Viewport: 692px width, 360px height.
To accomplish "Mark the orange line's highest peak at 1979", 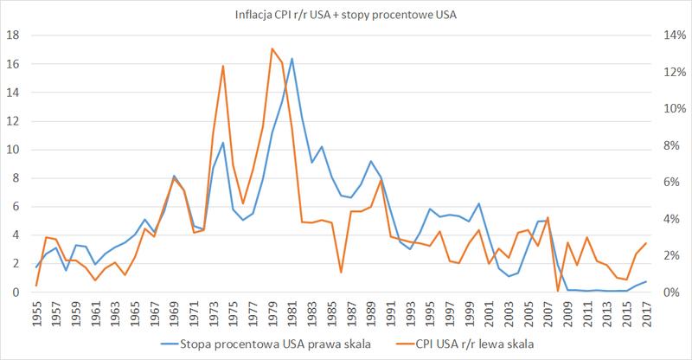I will point(272,48).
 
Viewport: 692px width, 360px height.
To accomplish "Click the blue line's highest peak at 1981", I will point(292,59).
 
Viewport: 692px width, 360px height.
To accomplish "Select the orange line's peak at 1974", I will point(223,66).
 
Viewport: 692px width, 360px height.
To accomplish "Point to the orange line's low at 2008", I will point(558,291).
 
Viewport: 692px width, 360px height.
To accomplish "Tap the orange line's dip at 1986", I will point(342,273).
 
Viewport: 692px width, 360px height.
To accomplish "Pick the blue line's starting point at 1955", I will point(35,267).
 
